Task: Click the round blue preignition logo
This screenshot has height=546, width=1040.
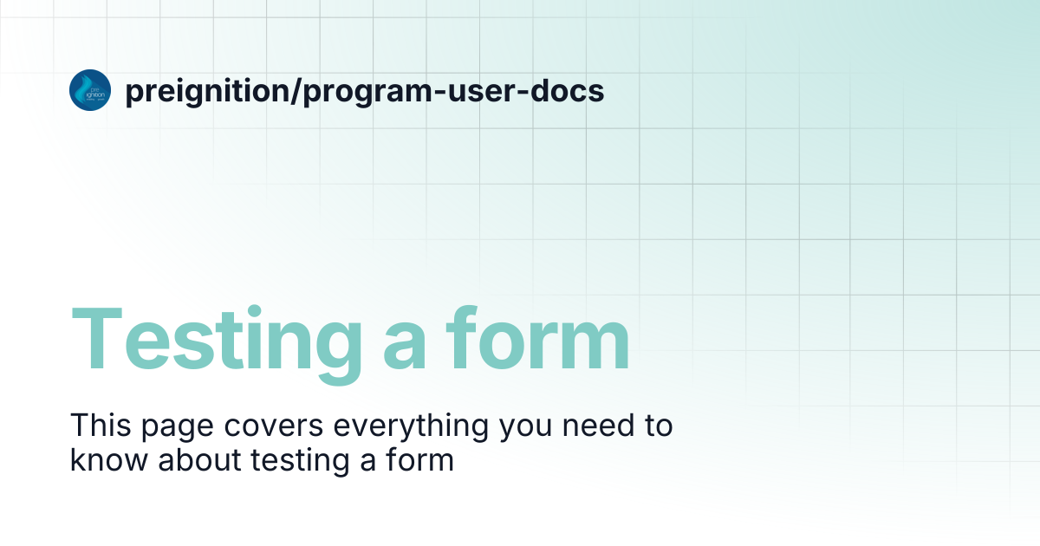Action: point(90,90)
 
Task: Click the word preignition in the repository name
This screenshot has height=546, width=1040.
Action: point(207,92)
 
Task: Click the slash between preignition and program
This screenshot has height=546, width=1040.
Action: point(296,90)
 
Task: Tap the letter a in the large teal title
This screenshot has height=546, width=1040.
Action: point(404,347)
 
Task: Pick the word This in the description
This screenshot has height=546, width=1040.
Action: point(101,425)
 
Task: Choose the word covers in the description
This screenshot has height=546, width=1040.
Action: point(274,426)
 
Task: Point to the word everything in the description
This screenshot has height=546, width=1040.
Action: point(411,427)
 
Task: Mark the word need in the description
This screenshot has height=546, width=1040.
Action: point(598,425)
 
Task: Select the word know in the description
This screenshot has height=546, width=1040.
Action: point(109,460)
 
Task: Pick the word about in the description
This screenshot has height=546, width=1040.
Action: point(199,460)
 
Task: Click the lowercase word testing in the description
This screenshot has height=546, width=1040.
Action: point(301,463)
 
